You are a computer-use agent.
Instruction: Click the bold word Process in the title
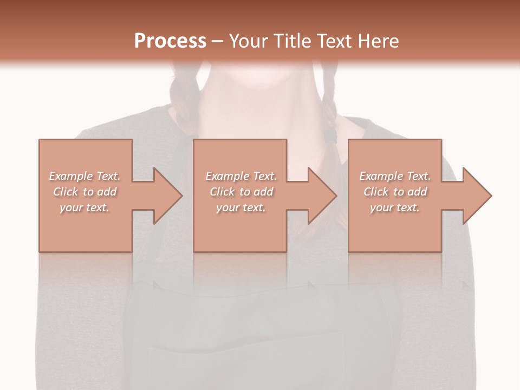coord(170,41)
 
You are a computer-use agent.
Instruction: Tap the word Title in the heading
coord(291,41)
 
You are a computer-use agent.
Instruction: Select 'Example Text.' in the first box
coord(84,176)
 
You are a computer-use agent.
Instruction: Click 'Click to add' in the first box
coord(84,192)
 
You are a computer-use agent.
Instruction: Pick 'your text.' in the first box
coord(84,207)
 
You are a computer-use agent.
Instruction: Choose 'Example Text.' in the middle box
coord(241,176)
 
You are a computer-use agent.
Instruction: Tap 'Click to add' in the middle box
coord(241,192)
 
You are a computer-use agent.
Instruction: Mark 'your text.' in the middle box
coord(241,207)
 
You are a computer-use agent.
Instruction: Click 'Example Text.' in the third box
coord(395,176)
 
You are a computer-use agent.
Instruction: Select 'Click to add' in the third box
coord(395,192)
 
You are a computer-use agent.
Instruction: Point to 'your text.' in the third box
coord(395,207)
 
